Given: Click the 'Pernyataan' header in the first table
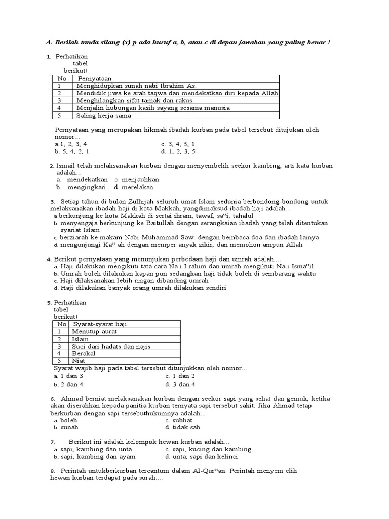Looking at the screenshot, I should [94, 79].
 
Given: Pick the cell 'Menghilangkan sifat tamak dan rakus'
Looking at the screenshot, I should [134, 100].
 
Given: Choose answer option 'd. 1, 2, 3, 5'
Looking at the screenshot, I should [178, 151].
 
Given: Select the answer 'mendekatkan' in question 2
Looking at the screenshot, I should [87, 179].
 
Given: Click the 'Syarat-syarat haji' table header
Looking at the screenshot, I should [100, 324].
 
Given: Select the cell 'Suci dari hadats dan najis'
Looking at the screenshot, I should [111, 346].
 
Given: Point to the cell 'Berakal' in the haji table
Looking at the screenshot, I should [84, 353].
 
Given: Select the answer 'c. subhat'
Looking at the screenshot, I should [179, 420].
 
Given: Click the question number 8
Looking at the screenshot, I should [52, 471].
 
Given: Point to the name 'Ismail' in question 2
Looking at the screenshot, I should [65, 166].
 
